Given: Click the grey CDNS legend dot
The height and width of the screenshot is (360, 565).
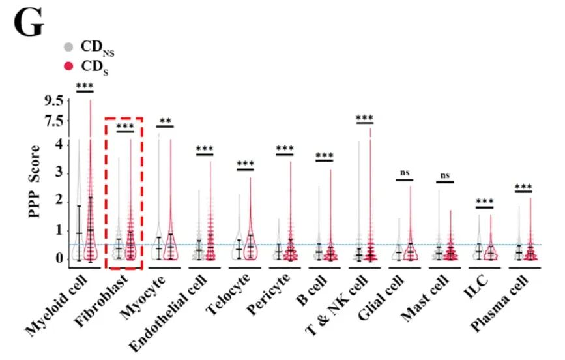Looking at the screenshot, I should click(x=68, y=47).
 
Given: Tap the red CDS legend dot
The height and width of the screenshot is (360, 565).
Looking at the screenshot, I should click(x=68, y=66).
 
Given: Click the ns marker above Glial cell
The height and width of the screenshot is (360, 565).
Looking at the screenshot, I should click(x=405, y=173).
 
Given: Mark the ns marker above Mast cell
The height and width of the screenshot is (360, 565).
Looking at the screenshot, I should click(x=445, y=175).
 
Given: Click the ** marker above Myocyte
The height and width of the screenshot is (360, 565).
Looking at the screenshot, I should click(x=165, y=121).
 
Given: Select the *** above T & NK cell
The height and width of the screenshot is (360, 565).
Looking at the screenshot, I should click(x=364, y=117).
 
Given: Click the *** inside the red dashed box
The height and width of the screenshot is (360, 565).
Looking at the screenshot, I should click(x=124, y=126).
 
